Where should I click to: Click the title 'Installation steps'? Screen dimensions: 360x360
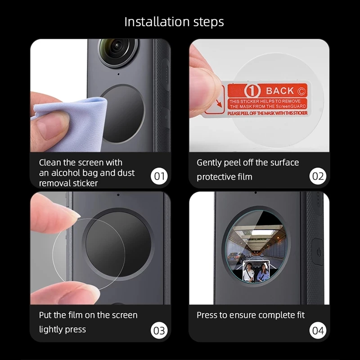coord(174,22)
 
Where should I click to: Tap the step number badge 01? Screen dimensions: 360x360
coord(159,176)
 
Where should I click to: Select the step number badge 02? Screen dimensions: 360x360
coord(318,176)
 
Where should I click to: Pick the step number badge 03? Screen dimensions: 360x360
coord(159,330)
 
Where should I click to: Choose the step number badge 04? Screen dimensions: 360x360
coord(318,330)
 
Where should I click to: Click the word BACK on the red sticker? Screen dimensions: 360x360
coord(280,91)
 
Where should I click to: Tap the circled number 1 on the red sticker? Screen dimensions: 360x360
coord(252,91)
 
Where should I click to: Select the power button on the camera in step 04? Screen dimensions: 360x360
coord(318,252)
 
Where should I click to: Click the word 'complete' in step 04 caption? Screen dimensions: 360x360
coord(274,315)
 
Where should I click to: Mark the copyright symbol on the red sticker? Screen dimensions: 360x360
coord(301,91)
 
